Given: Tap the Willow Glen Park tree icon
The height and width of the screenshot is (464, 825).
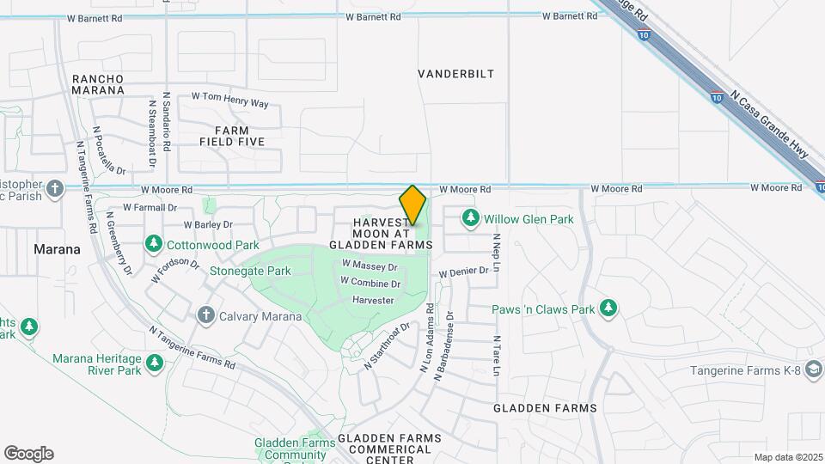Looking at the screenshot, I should click(470, 219).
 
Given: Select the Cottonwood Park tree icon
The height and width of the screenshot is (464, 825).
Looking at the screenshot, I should click(153, 244).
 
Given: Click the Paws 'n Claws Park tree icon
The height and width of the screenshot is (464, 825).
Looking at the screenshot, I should click(608, 308).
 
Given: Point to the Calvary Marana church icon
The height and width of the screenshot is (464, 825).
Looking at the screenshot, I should click(205, 315).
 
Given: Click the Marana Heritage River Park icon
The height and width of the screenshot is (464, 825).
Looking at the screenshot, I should click(155, 363).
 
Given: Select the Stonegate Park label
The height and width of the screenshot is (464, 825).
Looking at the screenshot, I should click(250, 271).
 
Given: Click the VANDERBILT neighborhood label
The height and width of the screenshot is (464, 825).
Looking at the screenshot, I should click(456, 74).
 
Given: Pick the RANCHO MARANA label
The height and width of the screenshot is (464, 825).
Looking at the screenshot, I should click(98, 83).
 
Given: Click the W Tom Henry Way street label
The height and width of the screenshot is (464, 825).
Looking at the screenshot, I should click(229, 100).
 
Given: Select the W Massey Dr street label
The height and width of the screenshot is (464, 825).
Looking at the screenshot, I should click(369, 266).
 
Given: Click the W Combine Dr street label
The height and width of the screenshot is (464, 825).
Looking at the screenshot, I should click(370, 283).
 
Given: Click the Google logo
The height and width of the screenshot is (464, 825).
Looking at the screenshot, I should click(28, 454).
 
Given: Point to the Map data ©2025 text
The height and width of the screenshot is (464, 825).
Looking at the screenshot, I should click(787, 457).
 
